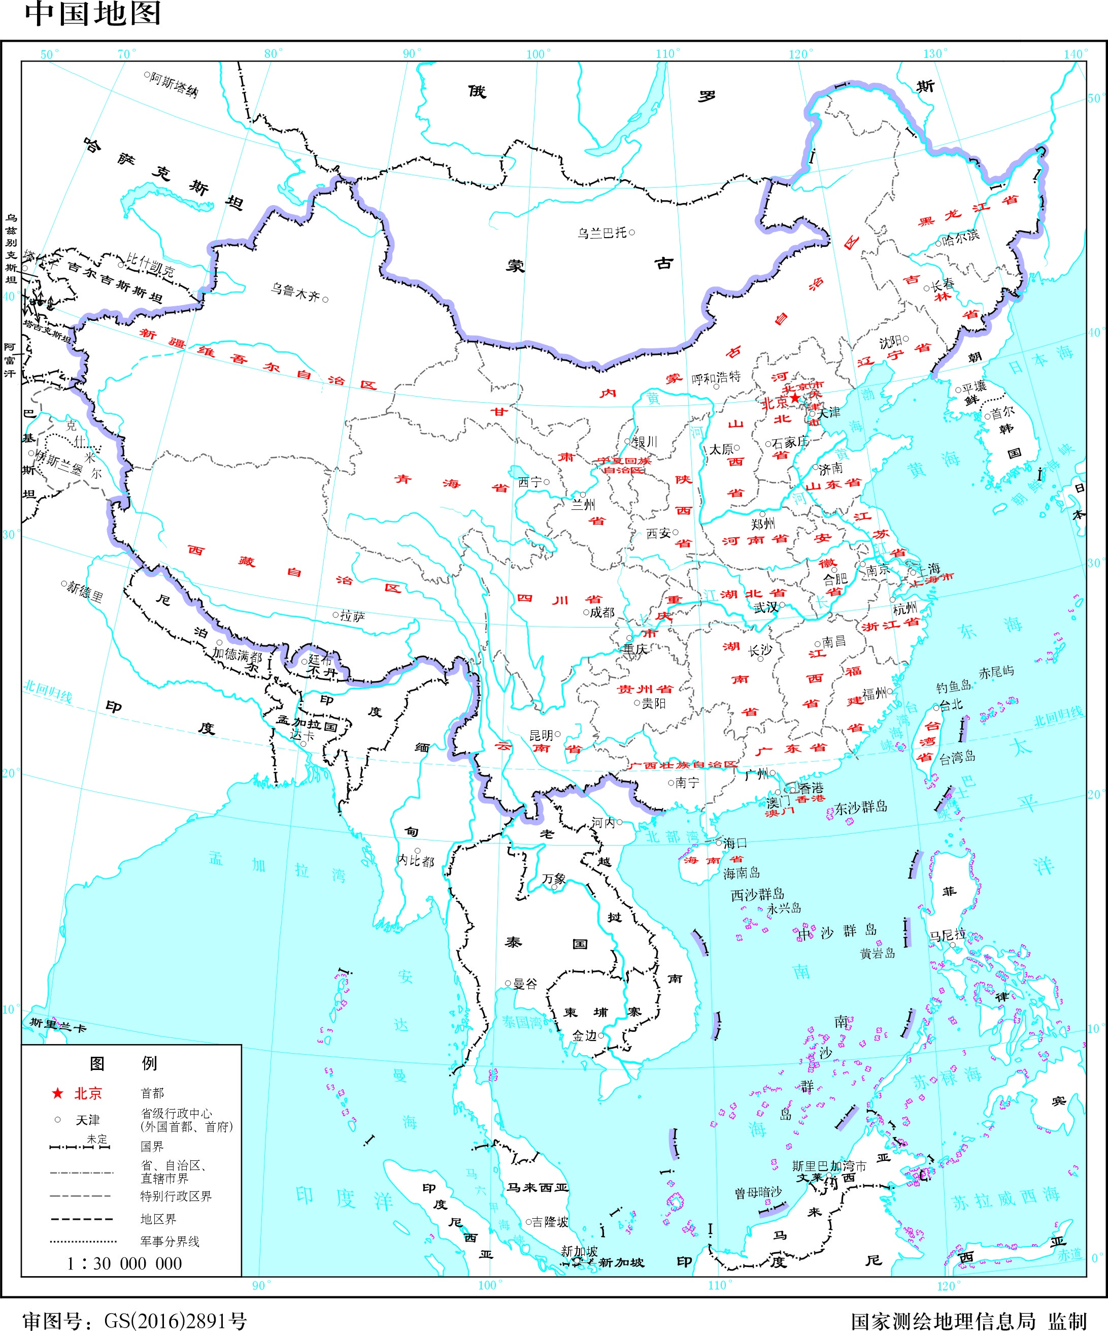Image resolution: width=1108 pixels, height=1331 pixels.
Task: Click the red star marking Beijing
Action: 795,398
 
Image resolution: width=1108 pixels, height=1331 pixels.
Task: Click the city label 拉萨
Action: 352,615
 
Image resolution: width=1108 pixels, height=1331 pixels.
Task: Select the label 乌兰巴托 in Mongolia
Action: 602,233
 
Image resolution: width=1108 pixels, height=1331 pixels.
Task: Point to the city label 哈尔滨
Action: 960,237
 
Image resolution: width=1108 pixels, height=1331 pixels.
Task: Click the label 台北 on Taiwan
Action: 951,705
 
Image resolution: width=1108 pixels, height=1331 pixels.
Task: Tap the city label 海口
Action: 735,843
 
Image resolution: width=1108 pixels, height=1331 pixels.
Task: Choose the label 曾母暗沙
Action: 758,1193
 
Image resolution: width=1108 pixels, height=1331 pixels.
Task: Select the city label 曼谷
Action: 524,984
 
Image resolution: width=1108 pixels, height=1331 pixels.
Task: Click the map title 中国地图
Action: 93,14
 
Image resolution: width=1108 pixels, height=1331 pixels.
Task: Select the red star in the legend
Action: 58,1093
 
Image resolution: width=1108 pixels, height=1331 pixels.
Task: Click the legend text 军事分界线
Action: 170,1242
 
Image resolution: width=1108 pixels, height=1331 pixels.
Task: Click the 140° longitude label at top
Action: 1075,54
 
